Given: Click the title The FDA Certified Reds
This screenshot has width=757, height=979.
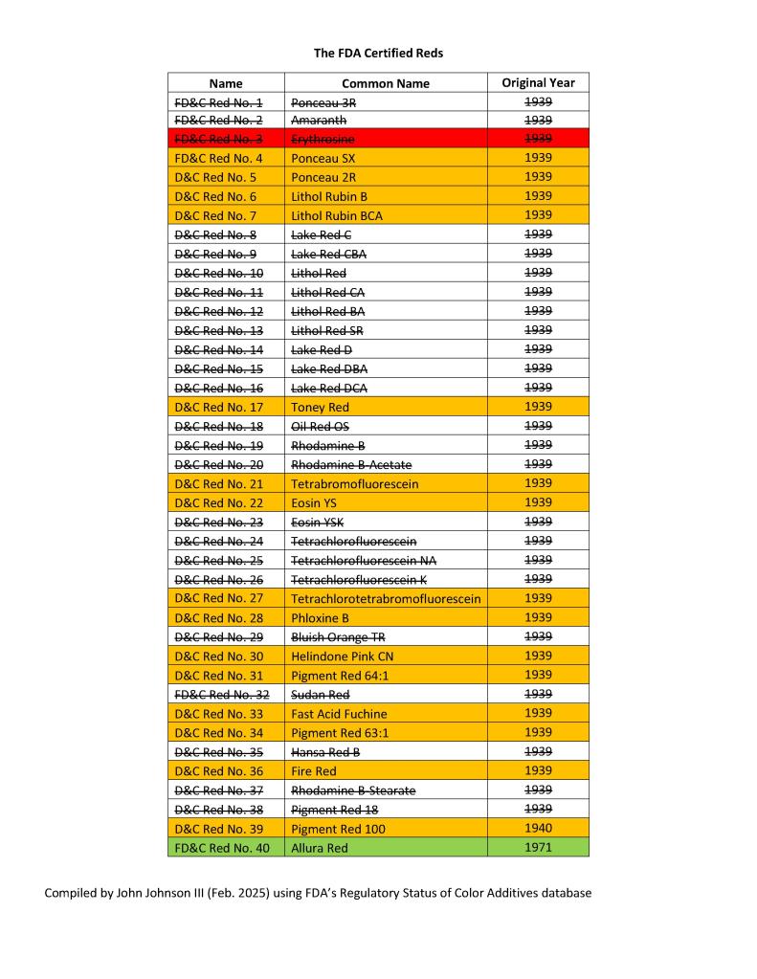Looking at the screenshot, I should click(378, 53).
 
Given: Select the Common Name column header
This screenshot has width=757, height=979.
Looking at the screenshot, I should click(385, 83).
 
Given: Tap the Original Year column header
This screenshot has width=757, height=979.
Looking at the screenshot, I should click(538, 83).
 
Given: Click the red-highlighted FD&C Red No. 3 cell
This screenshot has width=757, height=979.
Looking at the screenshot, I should click(226, 140).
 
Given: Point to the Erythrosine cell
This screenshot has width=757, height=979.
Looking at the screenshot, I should click(385, 140).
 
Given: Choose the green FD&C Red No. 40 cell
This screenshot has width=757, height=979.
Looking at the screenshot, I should click(226, 848).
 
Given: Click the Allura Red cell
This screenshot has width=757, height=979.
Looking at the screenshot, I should click(385, 848).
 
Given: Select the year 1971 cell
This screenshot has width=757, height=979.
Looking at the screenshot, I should click(538, 848).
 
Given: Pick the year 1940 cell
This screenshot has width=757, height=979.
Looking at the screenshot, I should click(538, 829).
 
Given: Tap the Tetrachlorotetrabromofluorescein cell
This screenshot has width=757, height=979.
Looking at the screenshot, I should click(385, 599).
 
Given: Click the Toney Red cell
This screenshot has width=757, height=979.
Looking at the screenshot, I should click(385, 408).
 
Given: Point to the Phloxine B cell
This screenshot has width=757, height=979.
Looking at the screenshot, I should click(385, 618).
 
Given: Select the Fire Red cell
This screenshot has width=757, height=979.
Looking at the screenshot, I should click(385, 771).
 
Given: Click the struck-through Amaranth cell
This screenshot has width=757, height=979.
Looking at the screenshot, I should click(385, 121).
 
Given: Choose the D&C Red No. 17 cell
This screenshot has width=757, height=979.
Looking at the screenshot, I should click(226, 408).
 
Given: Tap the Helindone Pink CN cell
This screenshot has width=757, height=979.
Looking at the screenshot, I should click(385, 656).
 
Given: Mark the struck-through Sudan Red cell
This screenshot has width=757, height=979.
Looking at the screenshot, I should click(385, 695).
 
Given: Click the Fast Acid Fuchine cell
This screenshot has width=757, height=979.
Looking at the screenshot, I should click(385, 714).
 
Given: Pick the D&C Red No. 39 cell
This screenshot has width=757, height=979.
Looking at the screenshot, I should click(226, 829).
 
